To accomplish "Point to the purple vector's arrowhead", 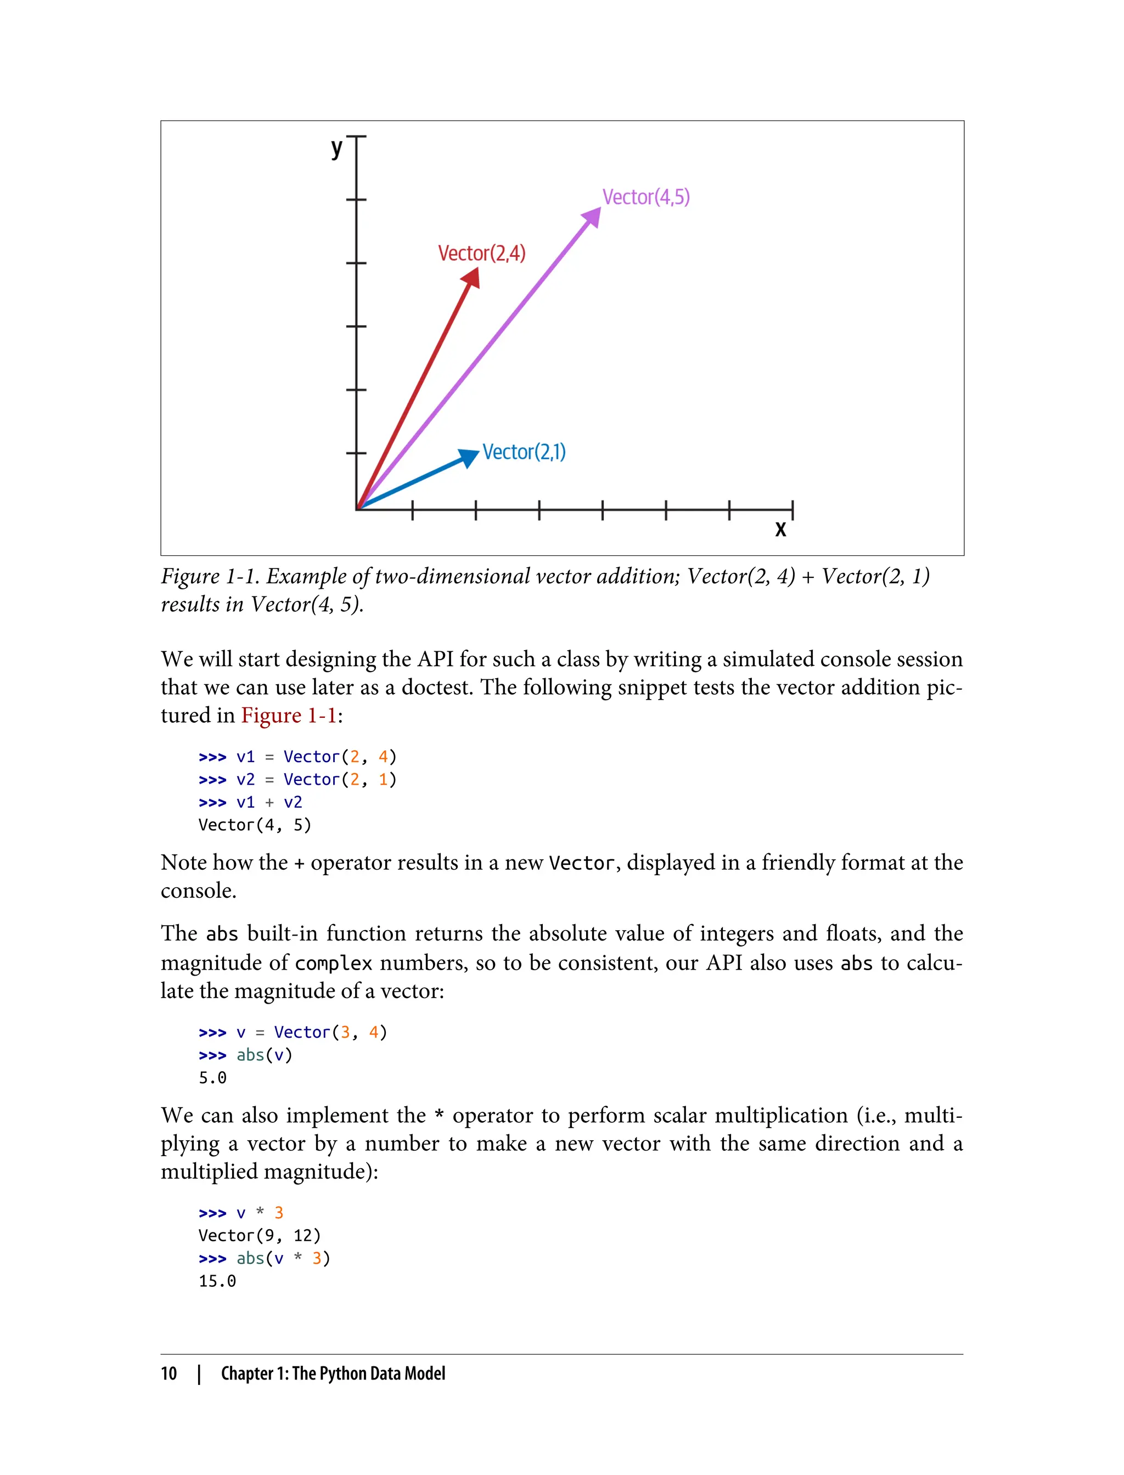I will coord(592,218).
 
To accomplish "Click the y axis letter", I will coord(336,147).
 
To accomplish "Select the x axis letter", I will coord(780,530).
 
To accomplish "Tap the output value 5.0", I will coord(213,1078).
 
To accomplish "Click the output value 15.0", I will coord(217,1281).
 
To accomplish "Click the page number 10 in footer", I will coord(168,1373).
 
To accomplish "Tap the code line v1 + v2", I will coord(269,802).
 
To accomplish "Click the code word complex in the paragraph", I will coord(333,963).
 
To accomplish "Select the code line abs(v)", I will coord(265,1055).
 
